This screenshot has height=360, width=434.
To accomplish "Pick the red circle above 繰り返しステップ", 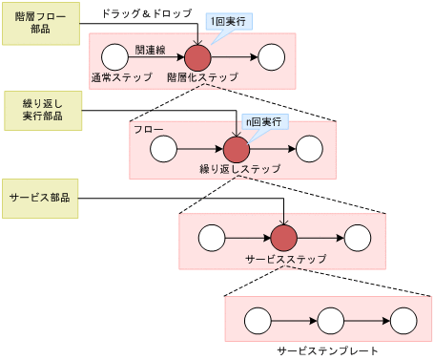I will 236,148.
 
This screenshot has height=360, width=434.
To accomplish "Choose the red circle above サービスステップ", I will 284,238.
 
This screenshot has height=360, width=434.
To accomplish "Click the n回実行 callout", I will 266,122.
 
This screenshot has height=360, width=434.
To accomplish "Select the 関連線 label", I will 152,48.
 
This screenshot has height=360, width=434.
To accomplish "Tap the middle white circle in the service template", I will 329,321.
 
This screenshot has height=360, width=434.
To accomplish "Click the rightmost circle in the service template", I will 402,321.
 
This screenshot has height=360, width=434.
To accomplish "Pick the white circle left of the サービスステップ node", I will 210,238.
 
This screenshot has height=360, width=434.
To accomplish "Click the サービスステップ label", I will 285,259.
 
